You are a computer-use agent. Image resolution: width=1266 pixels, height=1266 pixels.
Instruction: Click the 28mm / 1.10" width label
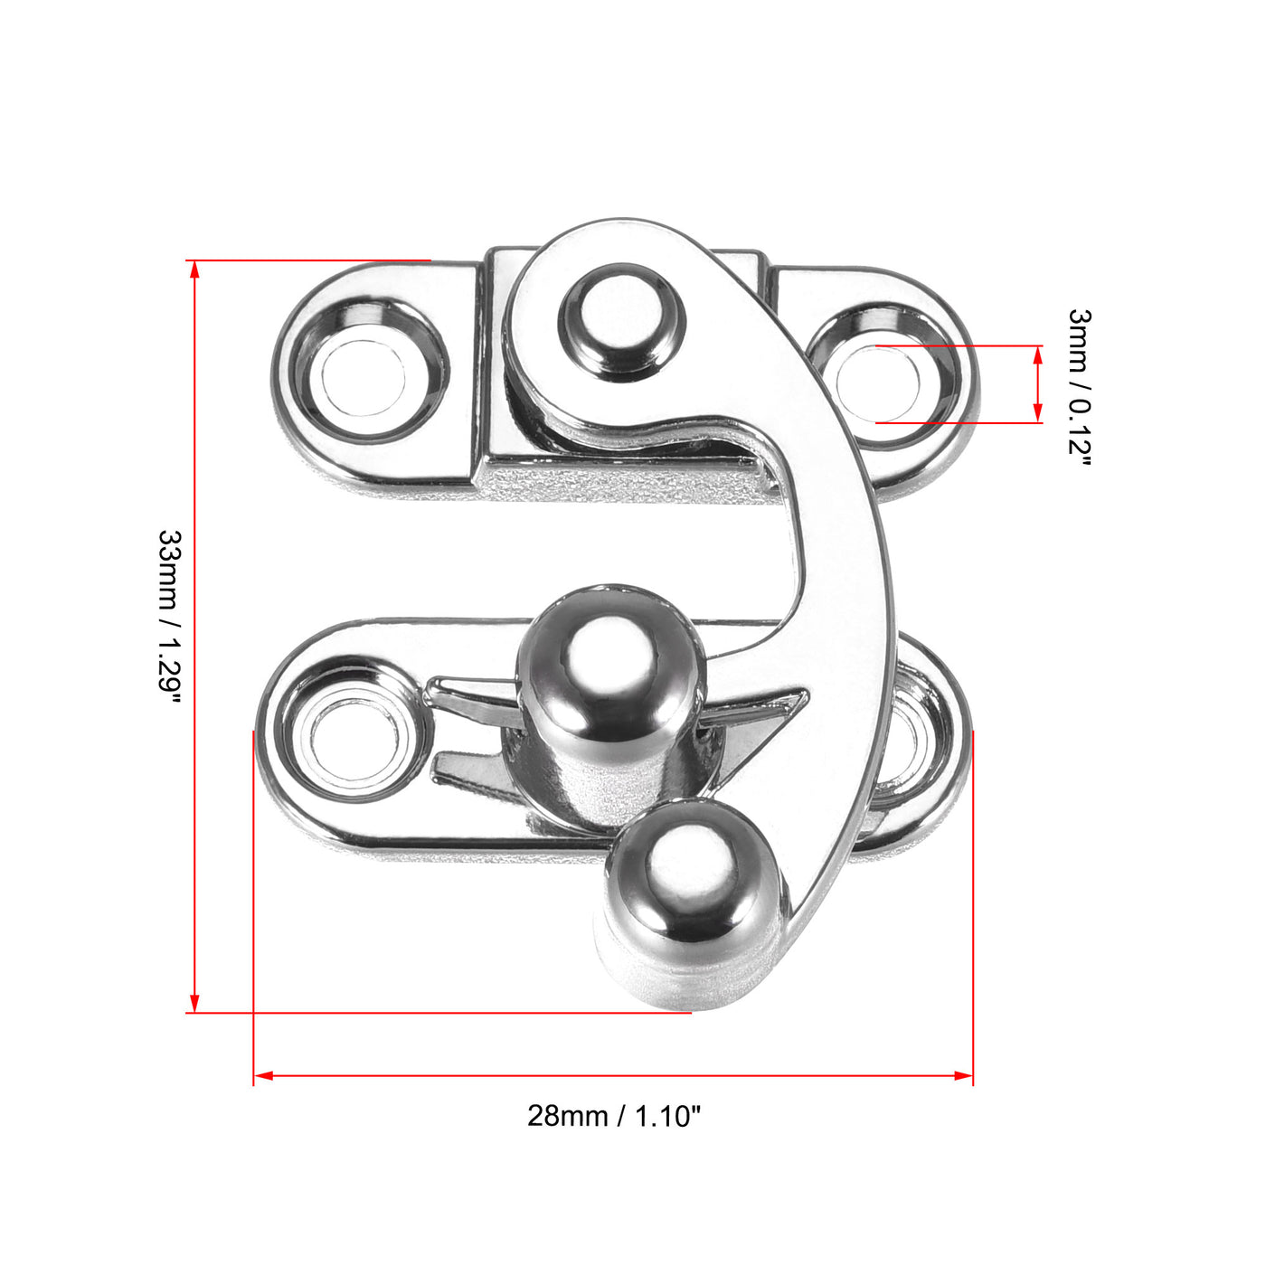coord(614,1116)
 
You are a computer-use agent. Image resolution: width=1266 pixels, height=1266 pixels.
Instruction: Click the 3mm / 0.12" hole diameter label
coord(1080,386)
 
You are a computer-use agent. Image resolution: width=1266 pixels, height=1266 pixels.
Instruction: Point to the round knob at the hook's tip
coord(689,890)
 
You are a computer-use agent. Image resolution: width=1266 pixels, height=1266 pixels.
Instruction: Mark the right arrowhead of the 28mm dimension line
coord(963,1076)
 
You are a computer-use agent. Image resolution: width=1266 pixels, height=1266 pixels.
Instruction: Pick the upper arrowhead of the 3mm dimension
coord(1037,354)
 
